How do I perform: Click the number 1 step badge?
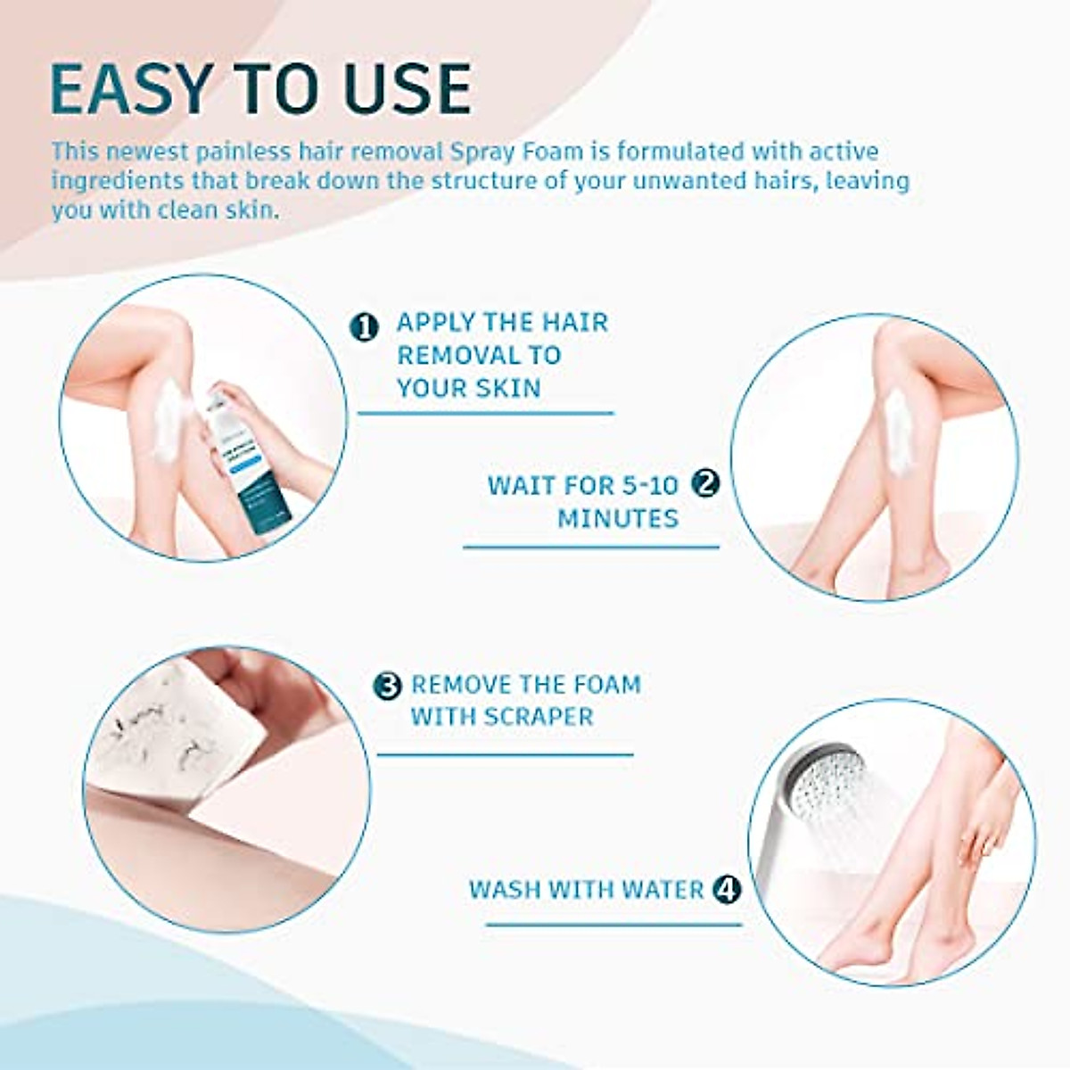click(x=363, y=327)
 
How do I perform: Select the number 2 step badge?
click(x=705, y=483)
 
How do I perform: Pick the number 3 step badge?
click(x=387, y=686)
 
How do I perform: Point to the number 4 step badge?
click(x=727, y=889)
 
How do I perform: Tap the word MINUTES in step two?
click(x=618, y=518)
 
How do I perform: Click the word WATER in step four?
click(x=663, y=889)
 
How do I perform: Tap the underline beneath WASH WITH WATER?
click(x=613, y=925)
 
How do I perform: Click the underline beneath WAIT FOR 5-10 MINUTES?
click(x=590, y=547)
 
